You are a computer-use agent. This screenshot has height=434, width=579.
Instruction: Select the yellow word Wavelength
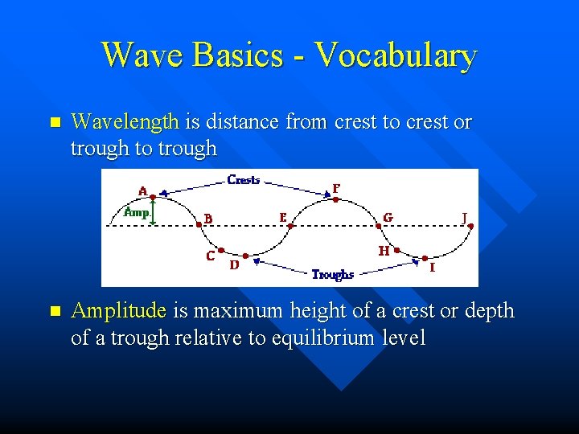pos(125,122)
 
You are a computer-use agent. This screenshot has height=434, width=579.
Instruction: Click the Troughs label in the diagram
pos(333,274)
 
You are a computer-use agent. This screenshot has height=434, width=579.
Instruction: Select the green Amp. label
pos(136,212)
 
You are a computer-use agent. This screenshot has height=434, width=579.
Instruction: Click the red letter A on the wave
pos(142,191)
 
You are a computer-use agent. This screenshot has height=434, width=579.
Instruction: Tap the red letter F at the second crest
pos(336,188)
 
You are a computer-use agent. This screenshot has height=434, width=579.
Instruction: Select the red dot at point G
pos(378,225)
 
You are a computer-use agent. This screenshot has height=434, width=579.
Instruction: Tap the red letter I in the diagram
pos(433,267)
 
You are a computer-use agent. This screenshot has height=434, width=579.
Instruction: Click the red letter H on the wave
pos(384,251)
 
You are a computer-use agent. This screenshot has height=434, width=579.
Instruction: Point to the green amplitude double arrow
pos(153,211)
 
